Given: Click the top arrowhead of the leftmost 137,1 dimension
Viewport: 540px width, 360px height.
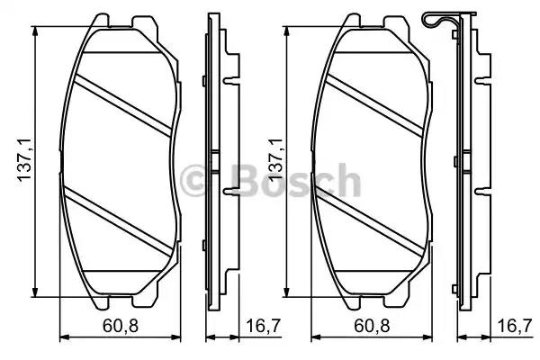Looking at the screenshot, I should pos(36,29).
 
